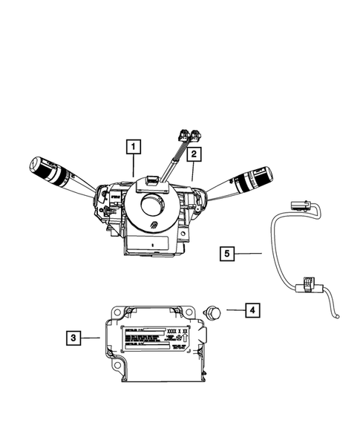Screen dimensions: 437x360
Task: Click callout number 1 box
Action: (x=134, y=147)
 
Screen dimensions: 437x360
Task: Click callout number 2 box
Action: (x=193, y=154)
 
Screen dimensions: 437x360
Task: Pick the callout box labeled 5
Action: (x=229, y=254)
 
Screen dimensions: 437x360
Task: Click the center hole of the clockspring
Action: (x=154, y=203)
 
